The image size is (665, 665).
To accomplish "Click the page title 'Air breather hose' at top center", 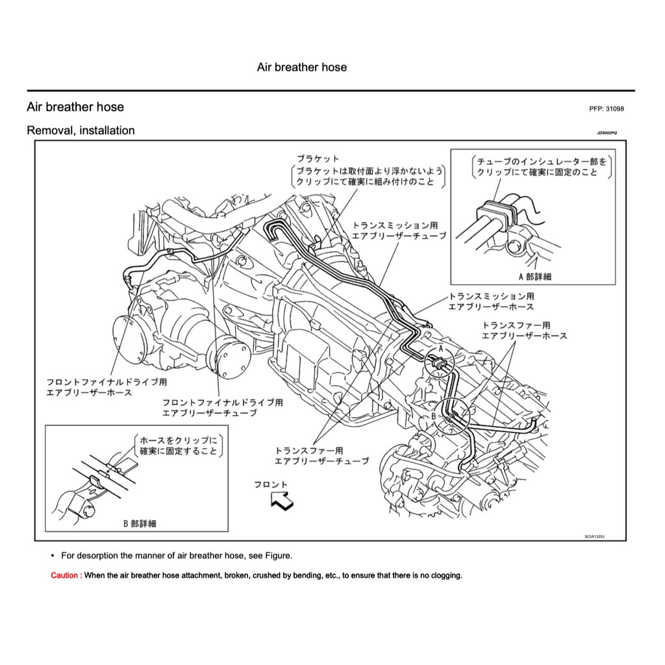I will pyautogui.click(x=301, y=68).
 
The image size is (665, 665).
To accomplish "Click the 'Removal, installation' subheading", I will pyautogui.click(x=81, y=131).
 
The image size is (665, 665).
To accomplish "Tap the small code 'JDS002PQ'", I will pyautogui.click(x=607, y=132).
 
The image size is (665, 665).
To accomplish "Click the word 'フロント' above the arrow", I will pyautogui.click(x=270, y=484).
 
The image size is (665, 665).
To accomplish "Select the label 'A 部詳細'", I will pyautogui.click(x=534, y=276).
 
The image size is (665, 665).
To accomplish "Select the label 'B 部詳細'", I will pyautogui.click(x=139, y=523).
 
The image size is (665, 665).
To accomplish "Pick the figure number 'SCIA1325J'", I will pyautogui.click(x=594, y=537).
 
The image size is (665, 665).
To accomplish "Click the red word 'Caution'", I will pyautogui.click(x=66, y=575).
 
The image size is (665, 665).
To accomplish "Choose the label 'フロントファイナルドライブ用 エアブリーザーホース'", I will pyautogui.click(x=107, y=388).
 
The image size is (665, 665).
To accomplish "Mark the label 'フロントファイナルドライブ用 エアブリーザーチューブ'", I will pyautogui.click(x=222, y=407).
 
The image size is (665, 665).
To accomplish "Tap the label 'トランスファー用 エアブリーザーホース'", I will pyautogui.click(x=524, y=330).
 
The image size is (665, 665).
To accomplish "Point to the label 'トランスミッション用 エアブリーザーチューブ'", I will pyautogui.click(x=399, y=231).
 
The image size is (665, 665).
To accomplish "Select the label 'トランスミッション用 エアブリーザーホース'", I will pyautogui.click(x=492, y=301).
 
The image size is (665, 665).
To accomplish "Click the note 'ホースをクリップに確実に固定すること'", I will pyautogui.click(x=179, y=445).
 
